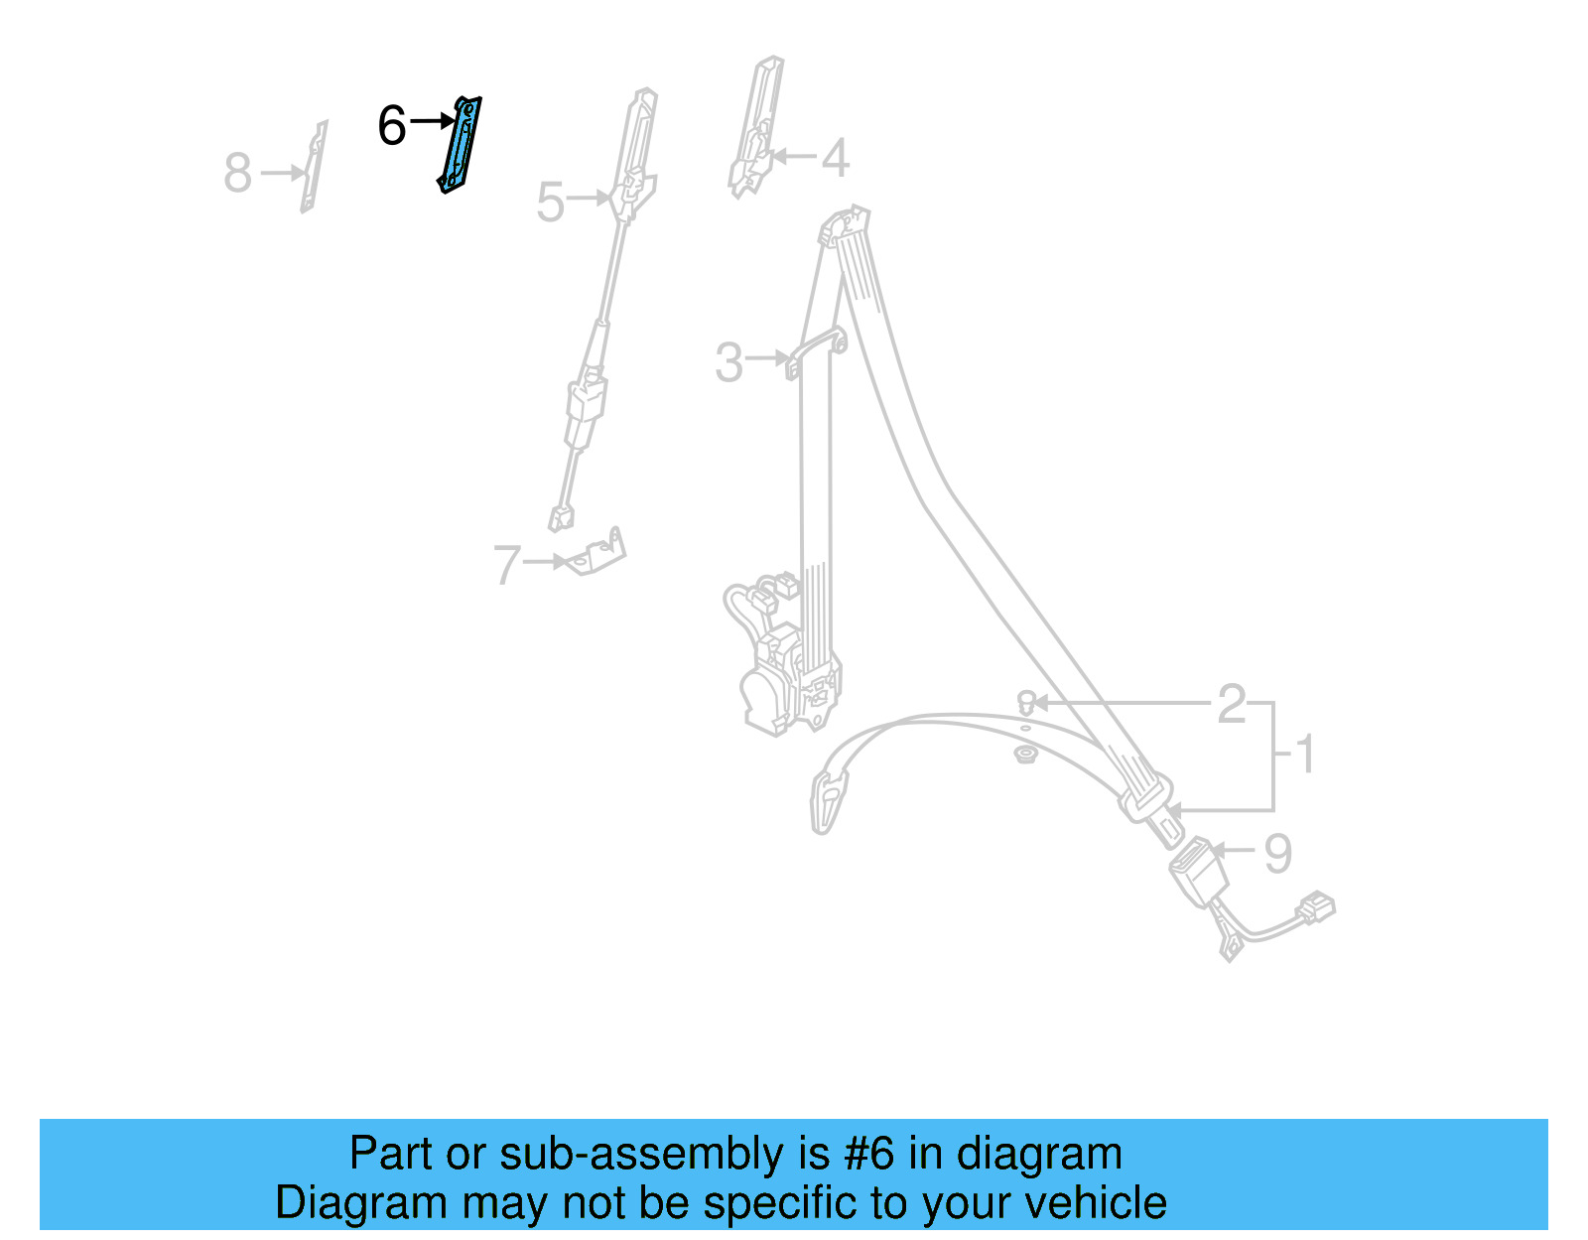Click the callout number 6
point(392,127)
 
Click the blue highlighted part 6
point(460,145)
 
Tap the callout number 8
point(238,173)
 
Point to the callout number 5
point(550,203)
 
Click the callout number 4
point(835,158)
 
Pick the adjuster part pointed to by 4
point(758,124)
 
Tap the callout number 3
point(728,362)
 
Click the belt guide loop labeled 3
point(816,351)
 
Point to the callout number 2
point(1232,704)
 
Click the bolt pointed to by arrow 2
point(1026,704)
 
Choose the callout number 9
point(1278,853)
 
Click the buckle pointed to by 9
point(1199,872)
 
